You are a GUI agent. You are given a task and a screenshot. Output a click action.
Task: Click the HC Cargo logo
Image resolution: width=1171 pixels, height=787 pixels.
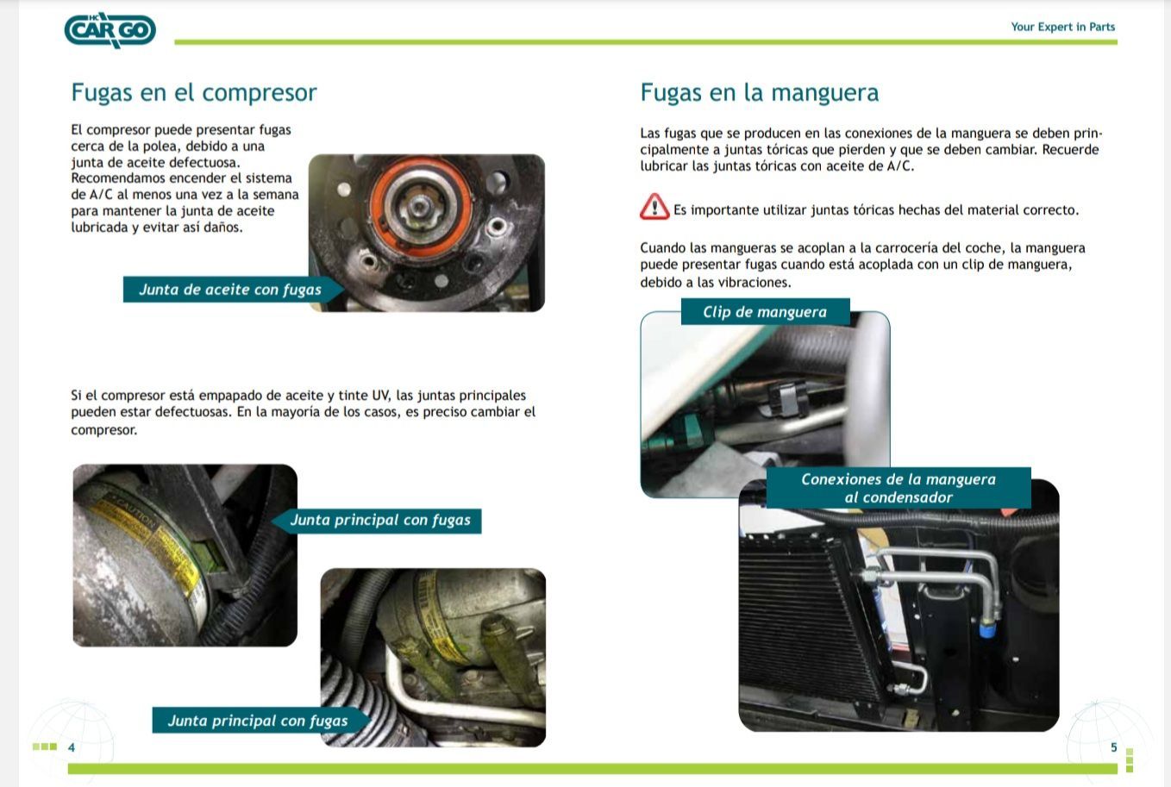(110, 30)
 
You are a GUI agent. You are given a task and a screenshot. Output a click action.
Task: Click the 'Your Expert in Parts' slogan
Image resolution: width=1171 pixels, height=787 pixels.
(1063, 27)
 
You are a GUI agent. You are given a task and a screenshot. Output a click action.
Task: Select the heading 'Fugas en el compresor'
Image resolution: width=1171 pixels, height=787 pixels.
(194, 93)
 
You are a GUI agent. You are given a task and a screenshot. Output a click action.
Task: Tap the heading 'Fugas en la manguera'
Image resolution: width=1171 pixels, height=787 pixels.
(759, 93)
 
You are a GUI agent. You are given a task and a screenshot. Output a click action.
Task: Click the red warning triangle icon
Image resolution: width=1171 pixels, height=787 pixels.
(654, 207)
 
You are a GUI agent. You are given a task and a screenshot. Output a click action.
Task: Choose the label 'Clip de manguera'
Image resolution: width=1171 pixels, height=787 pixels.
(766, 312)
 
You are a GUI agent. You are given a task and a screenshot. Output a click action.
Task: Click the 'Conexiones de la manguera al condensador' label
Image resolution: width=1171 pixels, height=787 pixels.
(899, 488)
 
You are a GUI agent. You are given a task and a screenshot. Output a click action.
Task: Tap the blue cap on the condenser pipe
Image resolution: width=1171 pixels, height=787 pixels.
(988, 628)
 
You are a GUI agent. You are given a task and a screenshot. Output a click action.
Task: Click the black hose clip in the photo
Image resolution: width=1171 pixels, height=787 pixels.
(788, 400)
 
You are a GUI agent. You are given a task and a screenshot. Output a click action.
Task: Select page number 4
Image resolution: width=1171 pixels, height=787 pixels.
(72, 748)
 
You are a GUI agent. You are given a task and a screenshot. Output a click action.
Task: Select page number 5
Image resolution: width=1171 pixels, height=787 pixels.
(1114, 747)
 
